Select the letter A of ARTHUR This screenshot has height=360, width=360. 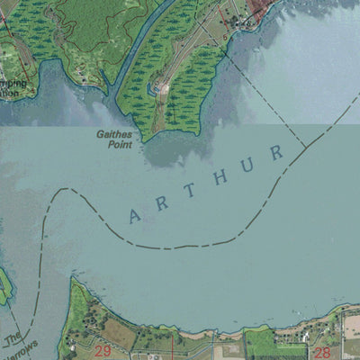pos(135,216)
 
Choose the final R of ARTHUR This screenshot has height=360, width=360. pos(277,151)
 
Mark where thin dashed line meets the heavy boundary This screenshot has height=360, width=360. pos(305,147)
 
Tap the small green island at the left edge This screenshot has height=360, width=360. pos(4,286)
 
